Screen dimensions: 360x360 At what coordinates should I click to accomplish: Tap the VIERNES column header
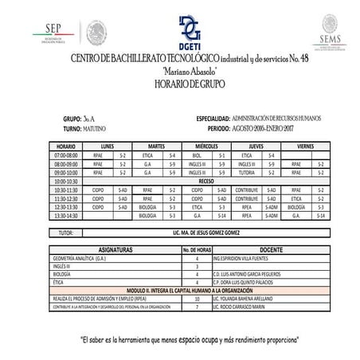(304, 147)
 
